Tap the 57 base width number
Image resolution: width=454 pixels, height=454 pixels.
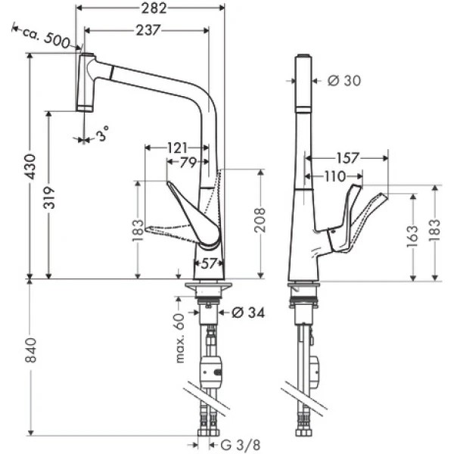[x=209, y=263]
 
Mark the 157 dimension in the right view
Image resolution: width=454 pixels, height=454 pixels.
[x=347, y=158]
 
